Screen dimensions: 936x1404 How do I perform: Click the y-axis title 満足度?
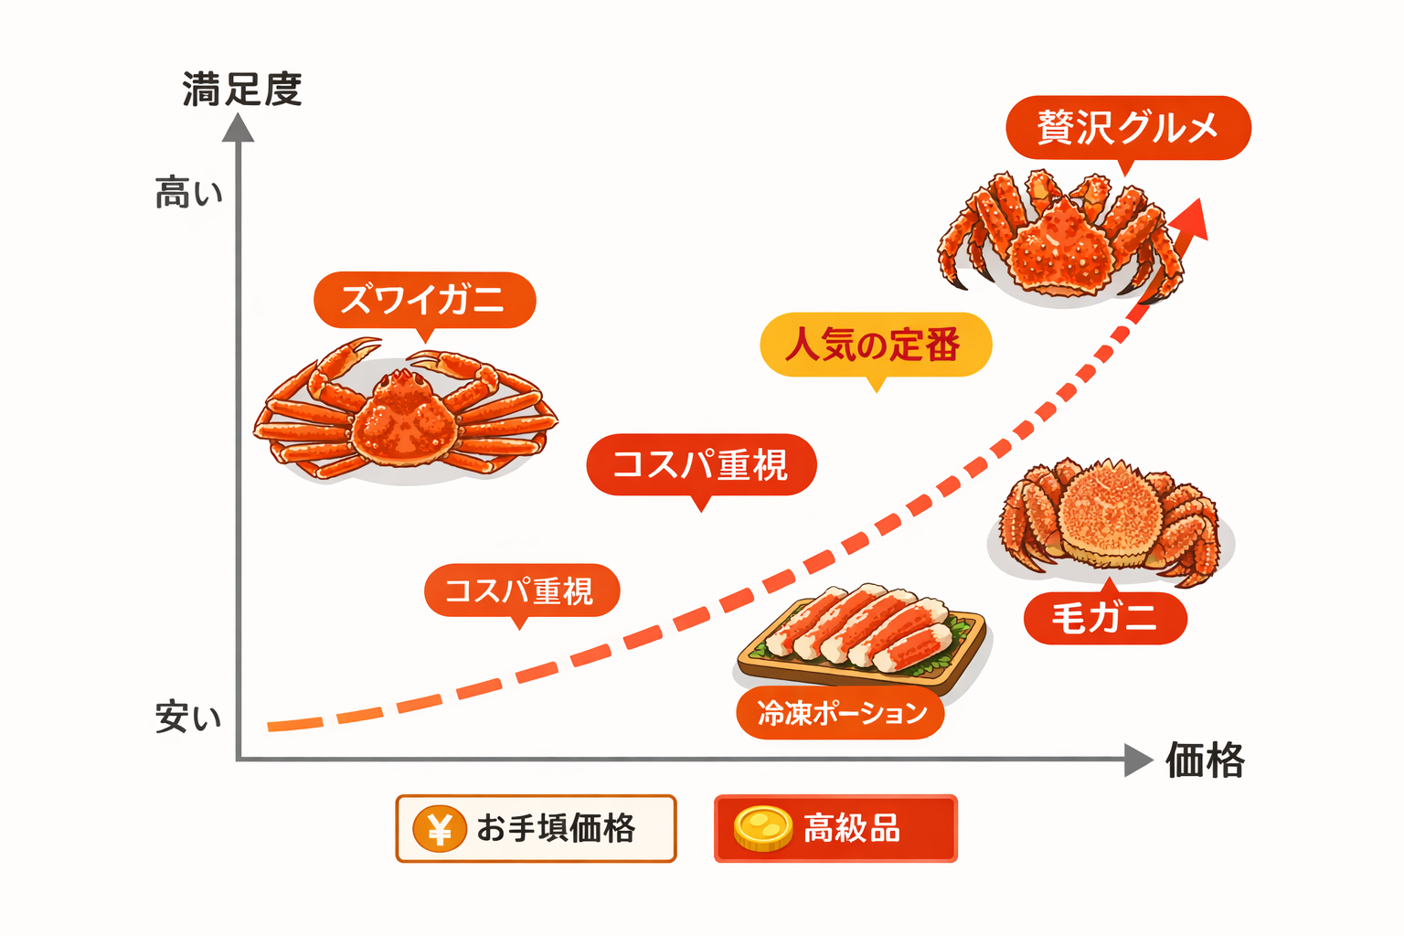pyautogui.click(x=242, y=90)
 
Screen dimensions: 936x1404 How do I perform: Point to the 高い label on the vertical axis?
pyautogui.click(x=188, y=193)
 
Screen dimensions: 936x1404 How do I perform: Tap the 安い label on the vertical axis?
pyautogui.click(x=188, y=717)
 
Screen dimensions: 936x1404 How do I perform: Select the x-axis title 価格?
pyautogui.click(x=1205, y=760)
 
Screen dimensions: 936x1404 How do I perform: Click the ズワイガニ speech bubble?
pyautogui.click(x=424, y=300)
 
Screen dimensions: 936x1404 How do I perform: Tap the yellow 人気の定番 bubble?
pyautogui.click(x=875, y=345)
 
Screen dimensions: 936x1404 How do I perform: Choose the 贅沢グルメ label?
pyautogui.click(x=1128, y=127)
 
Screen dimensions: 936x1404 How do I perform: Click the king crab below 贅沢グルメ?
pyautogui.click(x=1060, y=238)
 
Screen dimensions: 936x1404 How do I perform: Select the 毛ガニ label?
pyautogui.click(x=1104, y=619)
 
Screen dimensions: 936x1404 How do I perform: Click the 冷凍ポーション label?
pyautogui.click(x=840, y=713)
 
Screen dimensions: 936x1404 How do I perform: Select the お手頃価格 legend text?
pyautogui.click(x=556, y=829)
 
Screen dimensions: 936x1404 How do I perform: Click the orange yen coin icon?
pyautogui.click(x=440, y=829)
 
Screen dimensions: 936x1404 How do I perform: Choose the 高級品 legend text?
pyautogui.click(x=852, y=829)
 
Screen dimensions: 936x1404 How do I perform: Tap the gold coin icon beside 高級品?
pyautogui.click(x=762, y=829)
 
